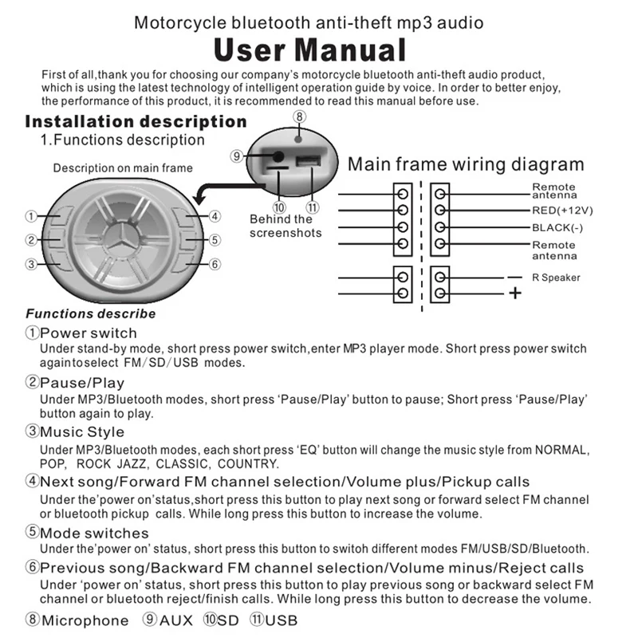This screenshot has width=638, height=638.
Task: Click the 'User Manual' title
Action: tap(309, 50)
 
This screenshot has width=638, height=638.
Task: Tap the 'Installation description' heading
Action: tap(136, 122)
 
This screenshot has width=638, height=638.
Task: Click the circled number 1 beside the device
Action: tap(30, 216)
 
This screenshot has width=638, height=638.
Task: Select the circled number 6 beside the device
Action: tap(215, 264)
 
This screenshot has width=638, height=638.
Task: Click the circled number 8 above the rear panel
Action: tap(299, 117)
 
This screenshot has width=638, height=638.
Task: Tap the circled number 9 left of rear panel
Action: tap(236, 156)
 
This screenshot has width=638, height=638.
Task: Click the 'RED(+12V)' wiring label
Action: tap(563, 211)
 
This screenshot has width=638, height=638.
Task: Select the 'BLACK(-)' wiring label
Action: tap(558, 227)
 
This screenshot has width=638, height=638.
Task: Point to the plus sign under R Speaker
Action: tap(515, 293)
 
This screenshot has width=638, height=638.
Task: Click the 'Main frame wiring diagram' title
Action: tap(466, 165)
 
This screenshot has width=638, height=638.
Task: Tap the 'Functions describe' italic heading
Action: tap(91, 313)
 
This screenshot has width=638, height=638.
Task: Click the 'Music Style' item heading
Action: tap(82, 431)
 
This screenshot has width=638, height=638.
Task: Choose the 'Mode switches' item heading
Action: tap(94, 533)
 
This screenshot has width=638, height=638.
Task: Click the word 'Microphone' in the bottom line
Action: tap(85, 620)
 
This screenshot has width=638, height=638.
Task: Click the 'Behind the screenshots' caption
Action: tap(285, 226)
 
